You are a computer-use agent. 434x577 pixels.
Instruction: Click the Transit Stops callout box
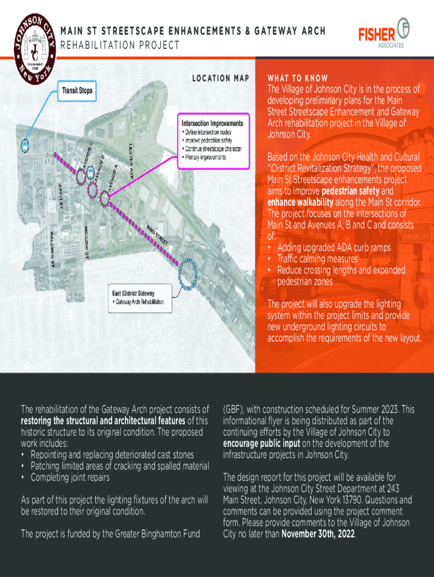point(78,90)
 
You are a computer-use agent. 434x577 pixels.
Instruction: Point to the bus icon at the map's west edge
point(25,146)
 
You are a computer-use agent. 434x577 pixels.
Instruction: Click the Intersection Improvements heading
point(212,123)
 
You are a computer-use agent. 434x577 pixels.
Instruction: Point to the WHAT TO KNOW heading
point(298,78)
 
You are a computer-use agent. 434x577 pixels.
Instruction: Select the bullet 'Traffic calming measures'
point(317,259)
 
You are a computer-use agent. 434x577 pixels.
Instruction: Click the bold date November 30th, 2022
point(318,534)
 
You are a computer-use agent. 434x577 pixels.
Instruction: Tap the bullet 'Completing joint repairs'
point(70,478)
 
